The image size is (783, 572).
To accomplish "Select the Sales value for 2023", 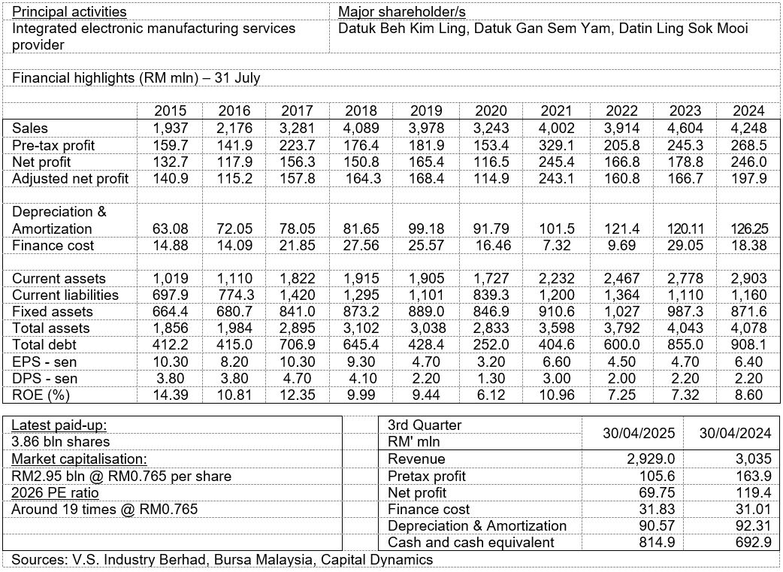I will (685, 128).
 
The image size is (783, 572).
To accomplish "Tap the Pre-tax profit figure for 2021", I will (561, 144).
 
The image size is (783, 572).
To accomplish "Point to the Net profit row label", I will (44, 161).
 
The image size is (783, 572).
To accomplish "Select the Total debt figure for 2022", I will (625, 345).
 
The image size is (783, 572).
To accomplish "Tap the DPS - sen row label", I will (44, 378).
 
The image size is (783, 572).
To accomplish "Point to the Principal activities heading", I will (69, 12).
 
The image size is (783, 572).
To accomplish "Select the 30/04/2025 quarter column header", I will (633, 433).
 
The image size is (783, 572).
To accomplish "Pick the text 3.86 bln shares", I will (61, 441).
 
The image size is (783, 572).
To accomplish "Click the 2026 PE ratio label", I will (55, 492).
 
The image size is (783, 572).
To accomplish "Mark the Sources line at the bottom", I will (222, 559).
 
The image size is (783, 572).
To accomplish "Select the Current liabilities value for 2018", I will (367, 295).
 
